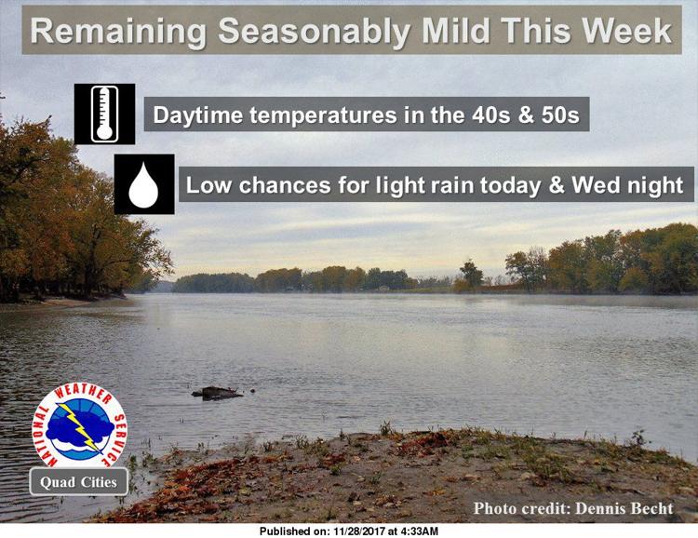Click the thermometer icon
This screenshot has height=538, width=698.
tap(104, 114)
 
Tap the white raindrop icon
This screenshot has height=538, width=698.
tap(143, 185)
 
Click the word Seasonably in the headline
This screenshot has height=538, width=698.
tap(315, 31)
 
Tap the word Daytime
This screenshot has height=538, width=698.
tap(198, 115)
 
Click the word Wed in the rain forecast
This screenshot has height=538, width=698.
tap(596, 185)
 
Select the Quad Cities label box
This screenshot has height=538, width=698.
tap(79, 482)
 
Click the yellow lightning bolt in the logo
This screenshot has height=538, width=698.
tap(80, 425)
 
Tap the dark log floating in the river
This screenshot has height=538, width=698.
tap(218, 393)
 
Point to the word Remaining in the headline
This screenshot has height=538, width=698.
tap(118, 32)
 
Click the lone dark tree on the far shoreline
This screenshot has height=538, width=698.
tap(471, 275)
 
